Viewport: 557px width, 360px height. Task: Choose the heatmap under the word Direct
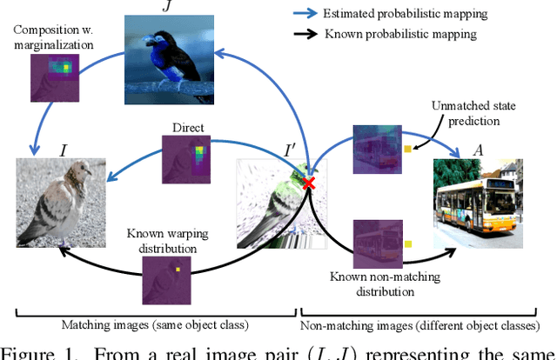coord(187,160)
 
